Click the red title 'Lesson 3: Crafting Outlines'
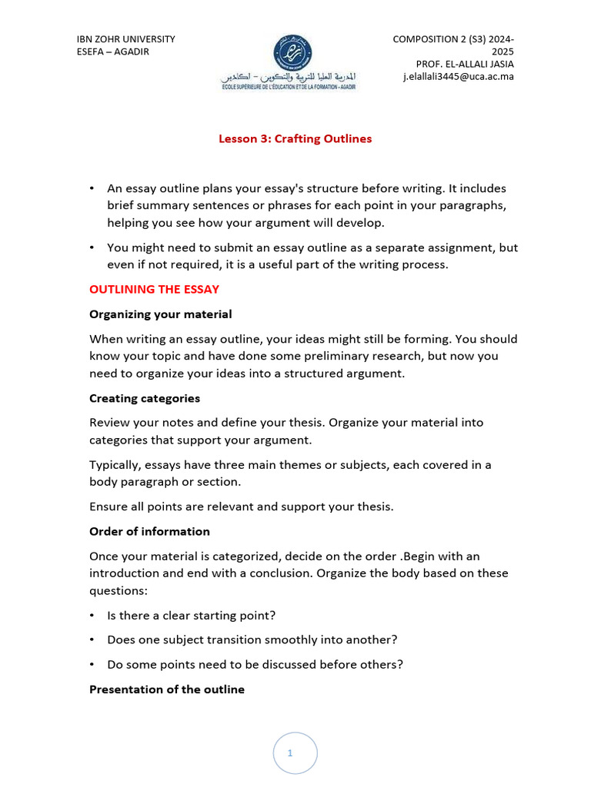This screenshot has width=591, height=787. click(295, 139)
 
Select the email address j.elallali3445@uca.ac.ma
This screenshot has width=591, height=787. click(458, 76)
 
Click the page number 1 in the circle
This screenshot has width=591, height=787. click(290, 753)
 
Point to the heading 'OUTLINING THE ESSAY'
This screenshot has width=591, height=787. click(154, 290)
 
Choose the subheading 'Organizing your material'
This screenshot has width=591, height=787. click(160, 314)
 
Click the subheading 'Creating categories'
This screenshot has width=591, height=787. click(145, 398)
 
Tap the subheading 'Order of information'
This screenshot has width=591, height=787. click(149, 531)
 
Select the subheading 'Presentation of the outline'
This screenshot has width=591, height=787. click(167, 689)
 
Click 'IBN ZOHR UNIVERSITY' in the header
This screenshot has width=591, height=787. click(126, 39)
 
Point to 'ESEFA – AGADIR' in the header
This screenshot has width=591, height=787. click(113, 51)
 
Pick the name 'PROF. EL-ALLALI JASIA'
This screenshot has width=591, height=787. click(465, 64)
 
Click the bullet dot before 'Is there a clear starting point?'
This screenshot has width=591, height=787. click(92, 616)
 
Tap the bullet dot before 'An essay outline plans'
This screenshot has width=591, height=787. click(92, 188)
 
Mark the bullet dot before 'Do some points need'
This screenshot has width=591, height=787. click(92, 665)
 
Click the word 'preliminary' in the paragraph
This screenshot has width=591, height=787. click(341, 356)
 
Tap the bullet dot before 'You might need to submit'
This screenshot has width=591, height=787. click(92, 247)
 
